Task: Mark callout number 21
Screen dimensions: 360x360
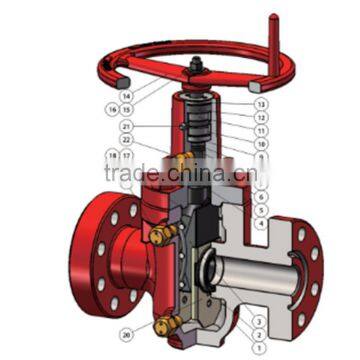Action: [x=126, y=126]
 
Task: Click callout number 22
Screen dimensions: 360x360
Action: [x=126, y=140]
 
